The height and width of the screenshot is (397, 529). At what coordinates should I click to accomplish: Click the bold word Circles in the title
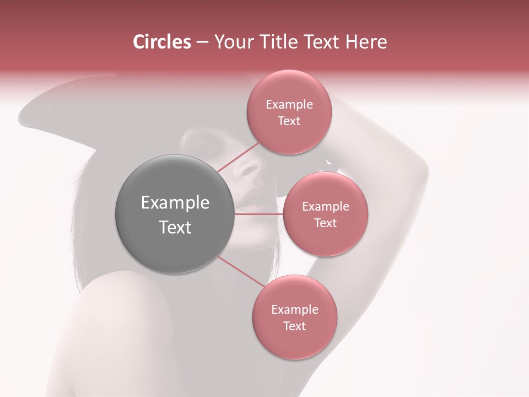point(162,42)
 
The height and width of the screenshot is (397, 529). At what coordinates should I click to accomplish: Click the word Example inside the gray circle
point(175,203)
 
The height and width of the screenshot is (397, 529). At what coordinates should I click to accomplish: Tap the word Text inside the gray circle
point(175,227)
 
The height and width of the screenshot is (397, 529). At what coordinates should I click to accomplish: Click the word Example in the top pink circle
point(289,105)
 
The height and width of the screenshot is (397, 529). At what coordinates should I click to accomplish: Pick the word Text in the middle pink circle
point(325,223)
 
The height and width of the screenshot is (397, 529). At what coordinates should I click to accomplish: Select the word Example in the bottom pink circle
point(295,310)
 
